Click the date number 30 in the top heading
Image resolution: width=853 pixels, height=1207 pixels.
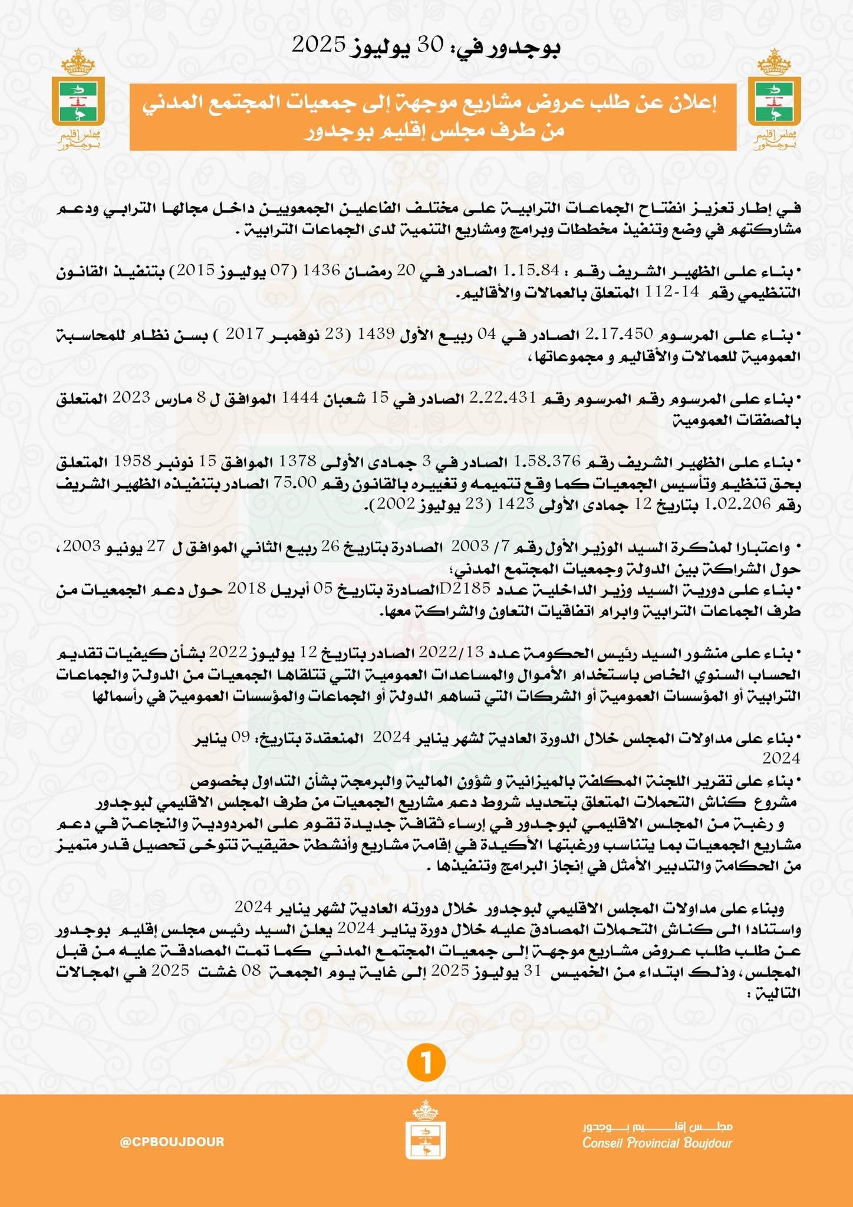click(430, 45)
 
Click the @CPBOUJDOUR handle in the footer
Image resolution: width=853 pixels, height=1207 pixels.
click(172, 1142)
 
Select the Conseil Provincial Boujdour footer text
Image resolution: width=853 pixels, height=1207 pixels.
click(657, 1143)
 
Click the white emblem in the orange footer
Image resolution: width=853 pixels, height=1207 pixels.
click(426, 1131)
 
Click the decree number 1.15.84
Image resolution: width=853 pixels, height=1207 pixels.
click(531, 271)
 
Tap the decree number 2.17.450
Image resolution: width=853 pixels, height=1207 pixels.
click(619, 334)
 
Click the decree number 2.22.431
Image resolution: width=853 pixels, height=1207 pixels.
click(502, 398)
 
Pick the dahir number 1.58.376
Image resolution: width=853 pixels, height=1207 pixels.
click(547, 461)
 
